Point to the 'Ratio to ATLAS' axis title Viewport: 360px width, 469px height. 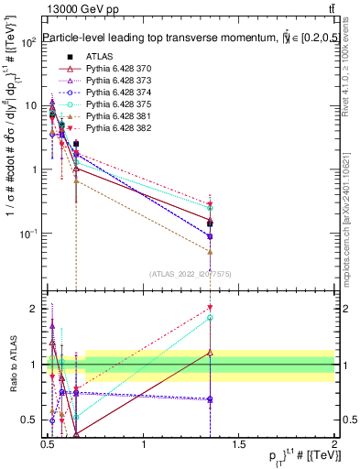[x=13, y=365]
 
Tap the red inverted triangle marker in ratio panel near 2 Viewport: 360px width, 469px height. [x=211, y=309]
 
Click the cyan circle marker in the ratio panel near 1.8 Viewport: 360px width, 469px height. [x=211, y=318]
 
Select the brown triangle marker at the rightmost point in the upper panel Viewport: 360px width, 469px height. [x=211, y=251]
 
